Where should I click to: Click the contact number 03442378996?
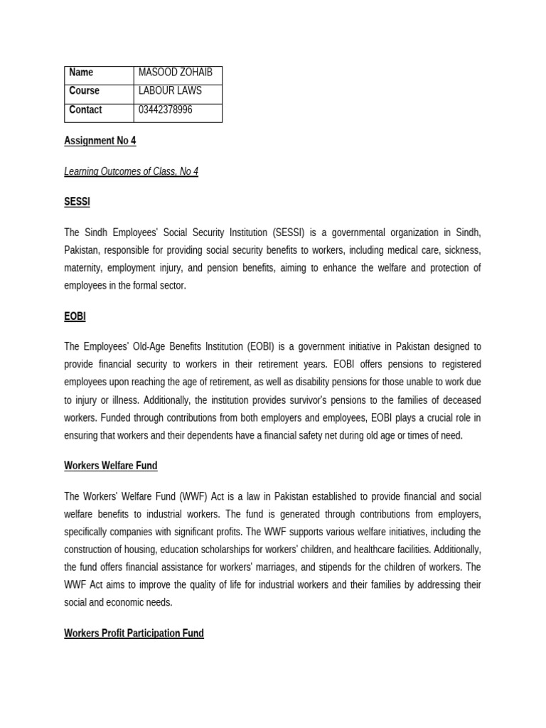[165, 110]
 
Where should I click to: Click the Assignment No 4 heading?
[100, 141]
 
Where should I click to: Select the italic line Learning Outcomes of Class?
[131, 171]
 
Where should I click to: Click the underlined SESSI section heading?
[77, 202]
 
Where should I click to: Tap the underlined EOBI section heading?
[75, 316]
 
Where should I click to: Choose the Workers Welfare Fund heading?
[110, 466]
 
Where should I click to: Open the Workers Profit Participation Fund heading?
[134, 633]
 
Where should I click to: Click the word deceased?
[461, 400]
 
